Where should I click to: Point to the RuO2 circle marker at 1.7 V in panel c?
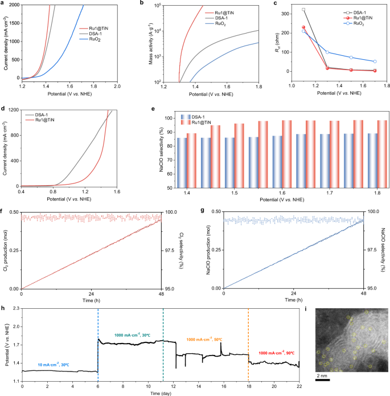374,62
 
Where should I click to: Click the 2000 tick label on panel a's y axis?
13,5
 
